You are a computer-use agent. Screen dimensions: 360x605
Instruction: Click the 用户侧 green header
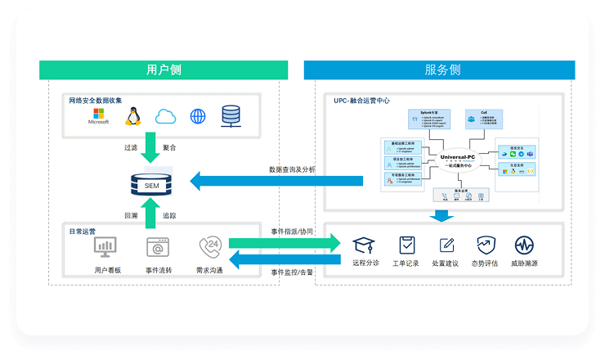(x=164, y=70)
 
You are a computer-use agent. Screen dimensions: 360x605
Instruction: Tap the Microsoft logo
(x=99, y=115)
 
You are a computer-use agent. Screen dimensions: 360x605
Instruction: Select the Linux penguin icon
(x=132, y=116)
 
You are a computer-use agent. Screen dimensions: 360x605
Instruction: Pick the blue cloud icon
(x=166, y=116)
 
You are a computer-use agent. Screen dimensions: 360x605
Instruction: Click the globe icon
(x=198, y=116)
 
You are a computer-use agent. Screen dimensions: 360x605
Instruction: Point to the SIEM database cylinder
(x=151, y=184)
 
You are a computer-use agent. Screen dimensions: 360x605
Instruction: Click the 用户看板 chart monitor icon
(x=105, y=245)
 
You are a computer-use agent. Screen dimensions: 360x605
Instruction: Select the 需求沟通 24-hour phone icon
(x=208, y=245)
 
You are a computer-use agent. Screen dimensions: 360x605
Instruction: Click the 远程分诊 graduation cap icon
(x=365, y=245)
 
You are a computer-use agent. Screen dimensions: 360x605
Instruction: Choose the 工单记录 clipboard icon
(x=406, y=245)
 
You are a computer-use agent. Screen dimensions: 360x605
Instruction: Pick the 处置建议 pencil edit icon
(x=446, y=245)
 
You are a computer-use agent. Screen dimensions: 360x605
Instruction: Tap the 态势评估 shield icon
(x=486, y=245)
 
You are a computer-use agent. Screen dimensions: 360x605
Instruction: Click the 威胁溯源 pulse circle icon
(x=524, y=245)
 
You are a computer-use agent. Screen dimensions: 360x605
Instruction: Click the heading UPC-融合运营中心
(x=361, y=101)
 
